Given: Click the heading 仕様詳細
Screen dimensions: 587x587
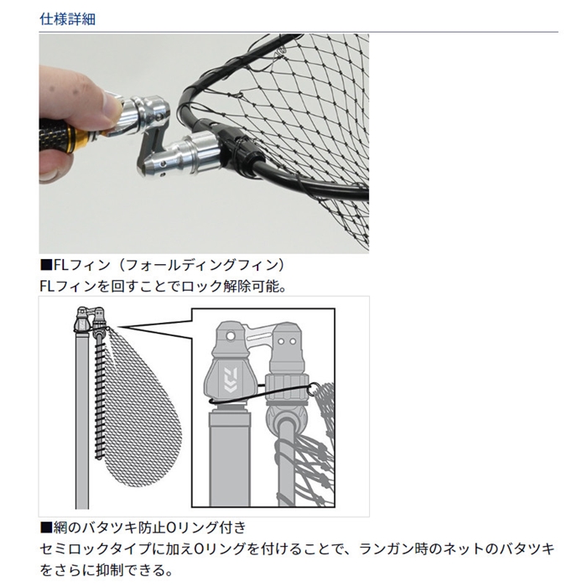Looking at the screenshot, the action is click(67, 19).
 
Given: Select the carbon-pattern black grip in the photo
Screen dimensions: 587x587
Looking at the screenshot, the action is click(55, 133).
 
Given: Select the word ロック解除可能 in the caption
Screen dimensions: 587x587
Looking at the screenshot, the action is click(231, 287).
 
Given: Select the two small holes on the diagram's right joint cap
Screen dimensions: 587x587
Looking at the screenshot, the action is click(288, 341).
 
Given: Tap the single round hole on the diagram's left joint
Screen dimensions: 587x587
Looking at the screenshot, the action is click(231, 335).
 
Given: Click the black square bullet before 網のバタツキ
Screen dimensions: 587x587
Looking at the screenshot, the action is click(46, 527).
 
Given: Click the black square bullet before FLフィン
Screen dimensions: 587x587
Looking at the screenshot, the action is click(46, 265).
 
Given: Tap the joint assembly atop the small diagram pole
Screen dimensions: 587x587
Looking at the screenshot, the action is click(90, 320).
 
